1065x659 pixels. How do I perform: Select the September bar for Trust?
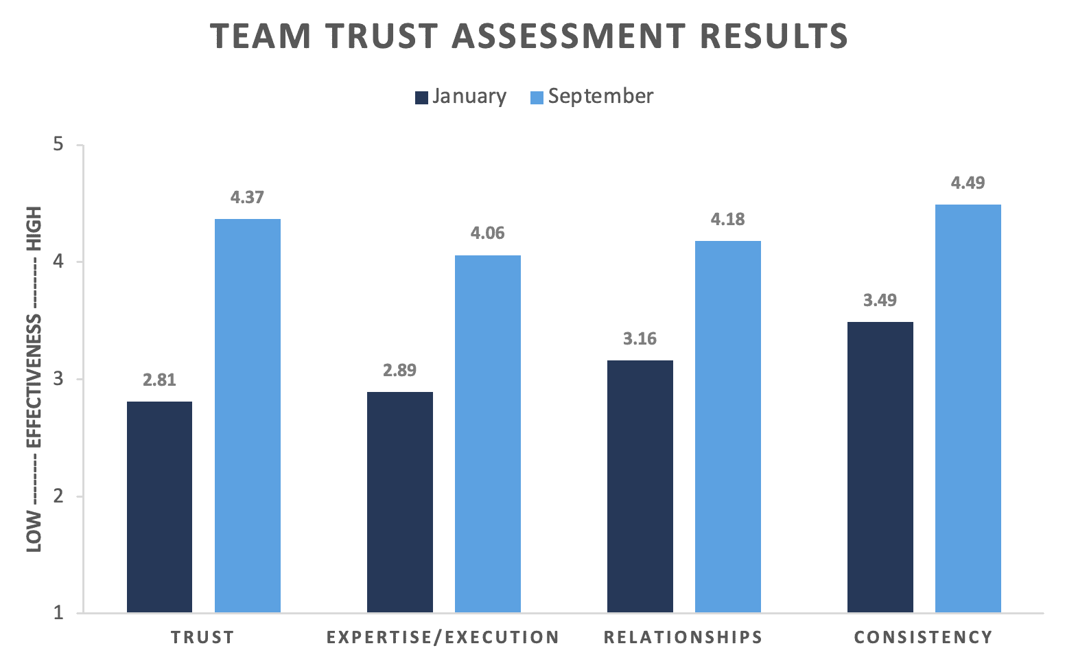point(248,415)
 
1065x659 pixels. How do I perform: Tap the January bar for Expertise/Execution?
point(400,502)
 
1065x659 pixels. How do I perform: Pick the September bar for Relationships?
point(728,426)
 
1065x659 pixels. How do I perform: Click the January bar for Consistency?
point(880,467)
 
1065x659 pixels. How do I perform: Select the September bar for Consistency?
point(968,408)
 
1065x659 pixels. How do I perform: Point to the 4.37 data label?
point(247,198)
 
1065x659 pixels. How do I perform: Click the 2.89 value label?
point(399,371)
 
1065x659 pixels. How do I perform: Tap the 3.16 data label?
point(640,339)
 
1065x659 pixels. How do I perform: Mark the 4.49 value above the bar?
point(968,183)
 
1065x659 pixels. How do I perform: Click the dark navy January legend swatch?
point(421,97)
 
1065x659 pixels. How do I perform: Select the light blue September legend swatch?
point(537,97)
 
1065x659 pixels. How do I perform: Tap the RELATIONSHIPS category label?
point(683,638)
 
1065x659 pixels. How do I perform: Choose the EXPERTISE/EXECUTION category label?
point(443,638)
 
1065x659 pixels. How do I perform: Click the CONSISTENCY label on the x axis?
point(923,638)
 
